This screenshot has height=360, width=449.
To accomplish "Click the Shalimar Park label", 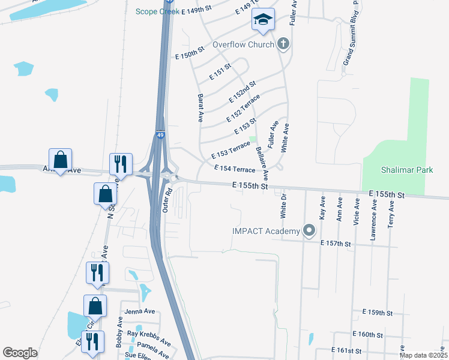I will click(407, 170).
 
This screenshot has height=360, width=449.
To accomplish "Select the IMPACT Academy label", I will click(266, 232).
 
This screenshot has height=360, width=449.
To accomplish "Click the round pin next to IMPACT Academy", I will click(309, 230).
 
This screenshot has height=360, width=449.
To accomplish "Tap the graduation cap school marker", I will click(263, 20).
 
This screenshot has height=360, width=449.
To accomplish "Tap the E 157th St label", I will click(335, 243).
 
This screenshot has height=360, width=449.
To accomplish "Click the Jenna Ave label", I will click(140, 311).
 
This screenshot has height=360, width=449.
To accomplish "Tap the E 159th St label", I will click(377, 313).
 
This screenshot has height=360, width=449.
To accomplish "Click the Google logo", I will click(20, 353).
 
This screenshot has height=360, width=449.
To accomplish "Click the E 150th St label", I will click(190, 55).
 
